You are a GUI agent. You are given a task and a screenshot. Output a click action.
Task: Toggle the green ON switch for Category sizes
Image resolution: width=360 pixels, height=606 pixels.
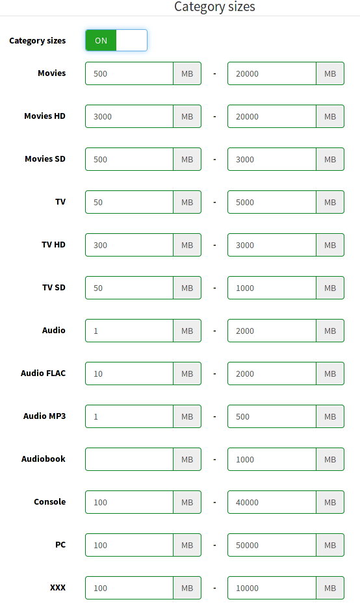coord(116,40)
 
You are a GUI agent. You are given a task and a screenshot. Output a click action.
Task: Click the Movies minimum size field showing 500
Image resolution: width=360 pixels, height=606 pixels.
coord(129,73)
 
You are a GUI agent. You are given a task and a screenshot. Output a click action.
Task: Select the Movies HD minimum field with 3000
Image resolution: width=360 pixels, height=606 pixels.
coord(129,116)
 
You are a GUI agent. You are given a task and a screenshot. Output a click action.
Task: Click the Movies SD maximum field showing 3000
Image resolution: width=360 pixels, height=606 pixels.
coord(272,159)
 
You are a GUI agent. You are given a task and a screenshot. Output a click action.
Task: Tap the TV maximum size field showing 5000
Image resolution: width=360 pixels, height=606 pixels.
coord(272,202)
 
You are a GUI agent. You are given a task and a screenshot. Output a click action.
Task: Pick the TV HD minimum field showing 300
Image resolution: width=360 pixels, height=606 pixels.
coord(129,245)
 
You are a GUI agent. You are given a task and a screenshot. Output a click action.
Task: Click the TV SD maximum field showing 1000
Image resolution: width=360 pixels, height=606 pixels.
coord(272,288)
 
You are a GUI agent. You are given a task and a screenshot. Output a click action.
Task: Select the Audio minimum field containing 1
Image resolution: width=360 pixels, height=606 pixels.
coord(129,331)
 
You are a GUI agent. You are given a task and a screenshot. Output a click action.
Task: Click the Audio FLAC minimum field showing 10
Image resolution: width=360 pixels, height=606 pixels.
coord(129,373)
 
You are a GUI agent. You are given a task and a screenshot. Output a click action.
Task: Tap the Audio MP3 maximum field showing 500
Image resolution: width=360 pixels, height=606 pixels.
coord(272,416)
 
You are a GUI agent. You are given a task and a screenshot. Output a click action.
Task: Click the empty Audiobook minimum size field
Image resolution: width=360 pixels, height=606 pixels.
coord(129,459)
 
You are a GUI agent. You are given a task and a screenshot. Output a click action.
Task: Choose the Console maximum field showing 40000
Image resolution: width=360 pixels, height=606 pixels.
coord(272,503)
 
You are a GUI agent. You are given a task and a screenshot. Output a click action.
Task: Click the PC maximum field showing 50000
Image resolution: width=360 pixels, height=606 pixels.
coord(272,546)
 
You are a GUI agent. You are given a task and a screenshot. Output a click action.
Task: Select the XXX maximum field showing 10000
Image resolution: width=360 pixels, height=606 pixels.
coord(272,588)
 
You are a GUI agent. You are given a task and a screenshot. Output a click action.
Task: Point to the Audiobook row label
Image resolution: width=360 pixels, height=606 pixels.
coord(44,459)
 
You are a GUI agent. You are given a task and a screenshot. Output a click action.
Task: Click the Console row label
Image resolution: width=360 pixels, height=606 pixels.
coord(50,502)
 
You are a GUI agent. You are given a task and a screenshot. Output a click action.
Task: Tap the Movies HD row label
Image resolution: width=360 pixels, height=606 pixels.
coord(45,116)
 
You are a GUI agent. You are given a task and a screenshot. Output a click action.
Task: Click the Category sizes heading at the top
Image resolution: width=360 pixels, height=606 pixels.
coord(214,6)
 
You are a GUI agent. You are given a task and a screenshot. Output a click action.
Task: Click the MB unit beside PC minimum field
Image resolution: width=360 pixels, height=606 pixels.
coord(187,546)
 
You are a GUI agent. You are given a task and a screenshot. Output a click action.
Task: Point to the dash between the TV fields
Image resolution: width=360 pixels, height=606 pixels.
coord(214,202)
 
